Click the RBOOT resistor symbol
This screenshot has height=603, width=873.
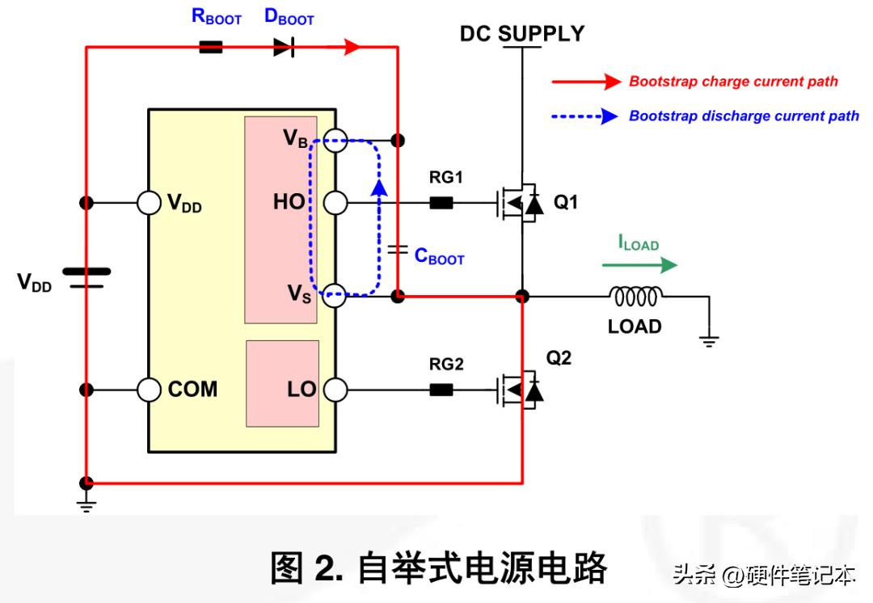coord(210,48)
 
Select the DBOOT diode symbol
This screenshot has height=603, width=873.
coord(283,48)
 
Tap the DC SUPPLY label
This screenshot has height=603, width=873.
coord(521,34)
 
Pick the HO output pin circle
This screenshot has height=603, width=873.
coord(335,202)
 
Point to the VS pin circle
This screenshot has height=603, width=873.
coord(335,297)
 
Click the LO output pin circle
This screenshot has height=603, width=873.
coord(335,390)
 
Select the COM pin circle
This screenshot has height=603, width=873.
coord(150,390)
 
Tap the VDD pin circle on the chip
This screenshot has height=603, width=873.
coord(150,202)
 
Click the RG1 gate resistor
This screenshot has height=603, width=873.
coord(441,202)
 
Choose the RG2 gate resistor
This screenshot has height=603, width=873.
coord(441,390)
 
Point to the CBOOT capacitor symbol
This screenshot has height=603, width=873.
coord(396,251)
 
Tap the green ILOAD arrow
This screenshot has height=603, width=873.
coord(639,264)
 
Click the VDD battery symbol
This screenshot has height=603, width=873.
coord(86,277)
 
